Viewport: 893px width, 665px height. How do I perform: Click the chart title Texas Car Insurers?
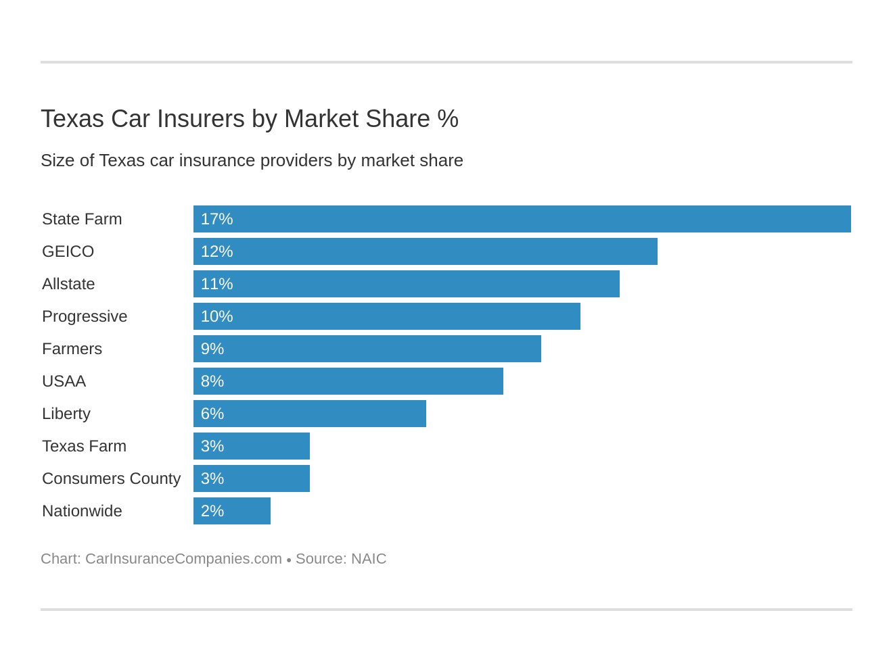pos(249,119)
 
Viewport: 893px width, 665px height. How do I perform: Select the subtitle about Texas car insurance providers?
pos(252,161)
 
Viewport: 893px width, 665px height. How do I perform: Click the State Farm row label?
pos(82,219)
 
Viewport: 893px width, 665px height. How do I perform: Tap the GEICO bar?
pos(425,251)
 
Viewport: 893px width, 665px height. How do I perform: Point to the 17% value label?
pos(216,219)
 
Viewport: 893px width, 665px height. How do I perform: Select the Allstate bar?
pos(406,284)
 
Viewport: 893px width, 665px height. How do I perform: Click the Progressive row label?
pos(85,316)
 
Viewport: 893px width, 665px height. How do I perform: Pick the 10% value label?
pos(216,316)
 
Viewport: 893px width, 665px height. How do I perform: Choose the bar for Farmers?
pos(367,349)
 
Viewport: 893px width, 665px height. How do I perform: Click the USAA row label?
pos(64,381)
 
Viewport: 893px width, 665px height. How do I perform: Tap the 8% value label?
pos(212,381)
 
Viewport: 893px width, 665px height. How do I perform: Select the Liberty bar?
pos(309,414)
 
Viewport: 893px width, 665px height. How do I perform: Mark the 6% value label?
pos(212,414)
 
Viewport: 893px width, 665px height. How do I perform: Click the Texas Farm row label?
pos(84,446)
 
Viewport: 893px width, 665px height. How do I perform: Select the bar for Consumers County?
pos(251,478)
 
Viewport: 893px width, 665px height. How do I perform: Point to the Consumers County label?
pos(111,478)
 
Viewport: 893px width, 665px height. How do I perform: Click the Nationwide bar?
pos(231,511)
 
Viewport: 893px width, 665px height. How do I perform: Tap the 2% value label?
pos(212,511)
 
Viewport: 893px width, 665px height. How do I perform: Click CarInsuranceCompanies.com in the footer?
pos(183,559)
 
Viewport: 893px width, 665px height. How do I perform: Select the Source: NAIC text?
pos(341,559)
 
